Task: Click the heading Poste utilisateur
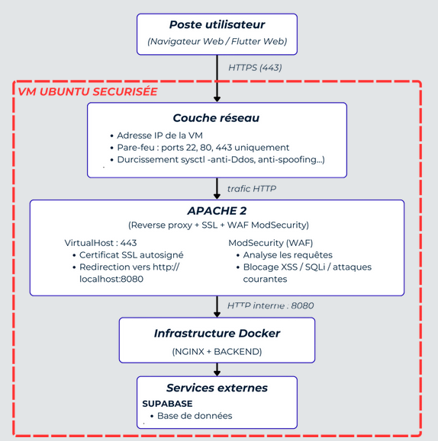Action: point(217,24)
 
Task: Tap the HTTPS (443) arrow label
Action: point(255,68)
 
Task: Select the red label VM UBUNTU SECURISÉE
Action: point(88,91)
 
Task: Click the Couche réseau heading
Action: point(216,118)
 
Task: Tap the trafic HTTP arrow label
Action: point(252,189)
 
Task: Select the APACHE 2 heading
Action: point(217,211)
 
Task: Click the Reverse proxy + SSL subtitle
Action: point(218,225)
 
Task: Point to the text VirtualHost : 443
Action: point(101,243)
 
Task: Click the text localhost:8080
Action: point(111,279)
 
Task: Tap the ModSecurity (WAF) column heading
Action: point(271,243)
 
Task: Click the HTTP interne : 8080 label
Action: point(271,305)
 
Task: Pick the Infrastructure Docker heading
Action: point(217,334)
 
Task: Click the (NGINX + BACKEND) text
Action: point(217,352)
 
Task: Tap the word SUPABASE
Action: point(167,404)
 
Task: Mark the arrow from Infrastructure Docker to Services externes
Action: point(217,369)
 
